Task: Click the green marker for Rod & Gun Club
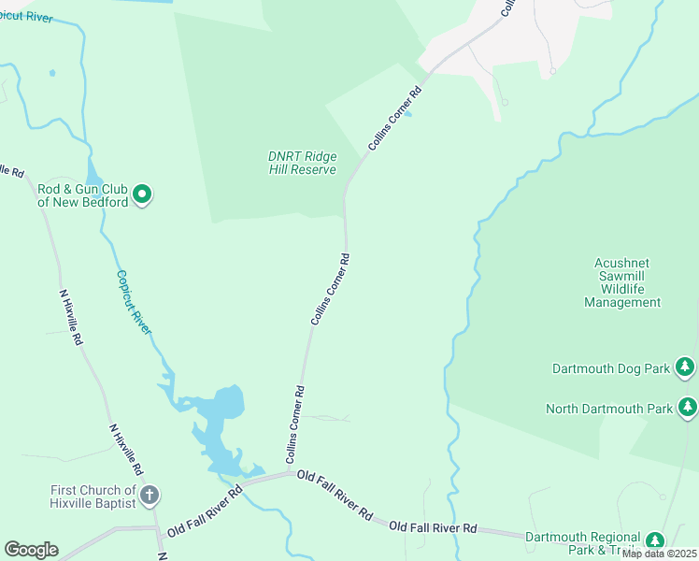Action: tap(142, 194)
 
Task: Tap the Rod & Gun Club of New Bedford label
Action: tap(82, 194)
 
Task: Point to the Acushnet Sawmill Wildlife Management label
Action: tap(622, 282)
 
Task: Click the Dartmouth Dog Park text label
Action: tap(610, 368)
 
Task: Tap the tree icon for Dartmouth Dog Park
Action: tap(686, 367)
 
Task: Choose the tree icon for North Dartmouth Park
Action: tap(688, 408)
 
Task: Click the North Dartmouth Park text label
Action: tap(608, 409)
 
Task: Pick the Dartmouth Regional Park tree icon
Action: tap(655, 540)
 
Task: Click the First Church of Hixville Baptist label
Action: tap(93, 496)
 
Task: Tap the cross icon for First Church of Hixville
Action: tap(150, 496)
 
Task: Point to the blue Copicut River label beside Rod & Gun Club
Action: tap(134, 302)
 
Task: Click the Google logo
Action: tap(31, 550)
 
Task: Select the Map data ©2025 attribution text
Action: tap(659, 554)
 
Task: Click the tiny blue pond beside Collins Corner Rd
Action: tap(407, 115)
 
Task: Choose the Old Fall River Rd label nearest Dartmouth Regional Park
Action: tap(433, 528)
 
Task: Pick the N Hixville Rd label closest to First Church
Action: tap(125, 450)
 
